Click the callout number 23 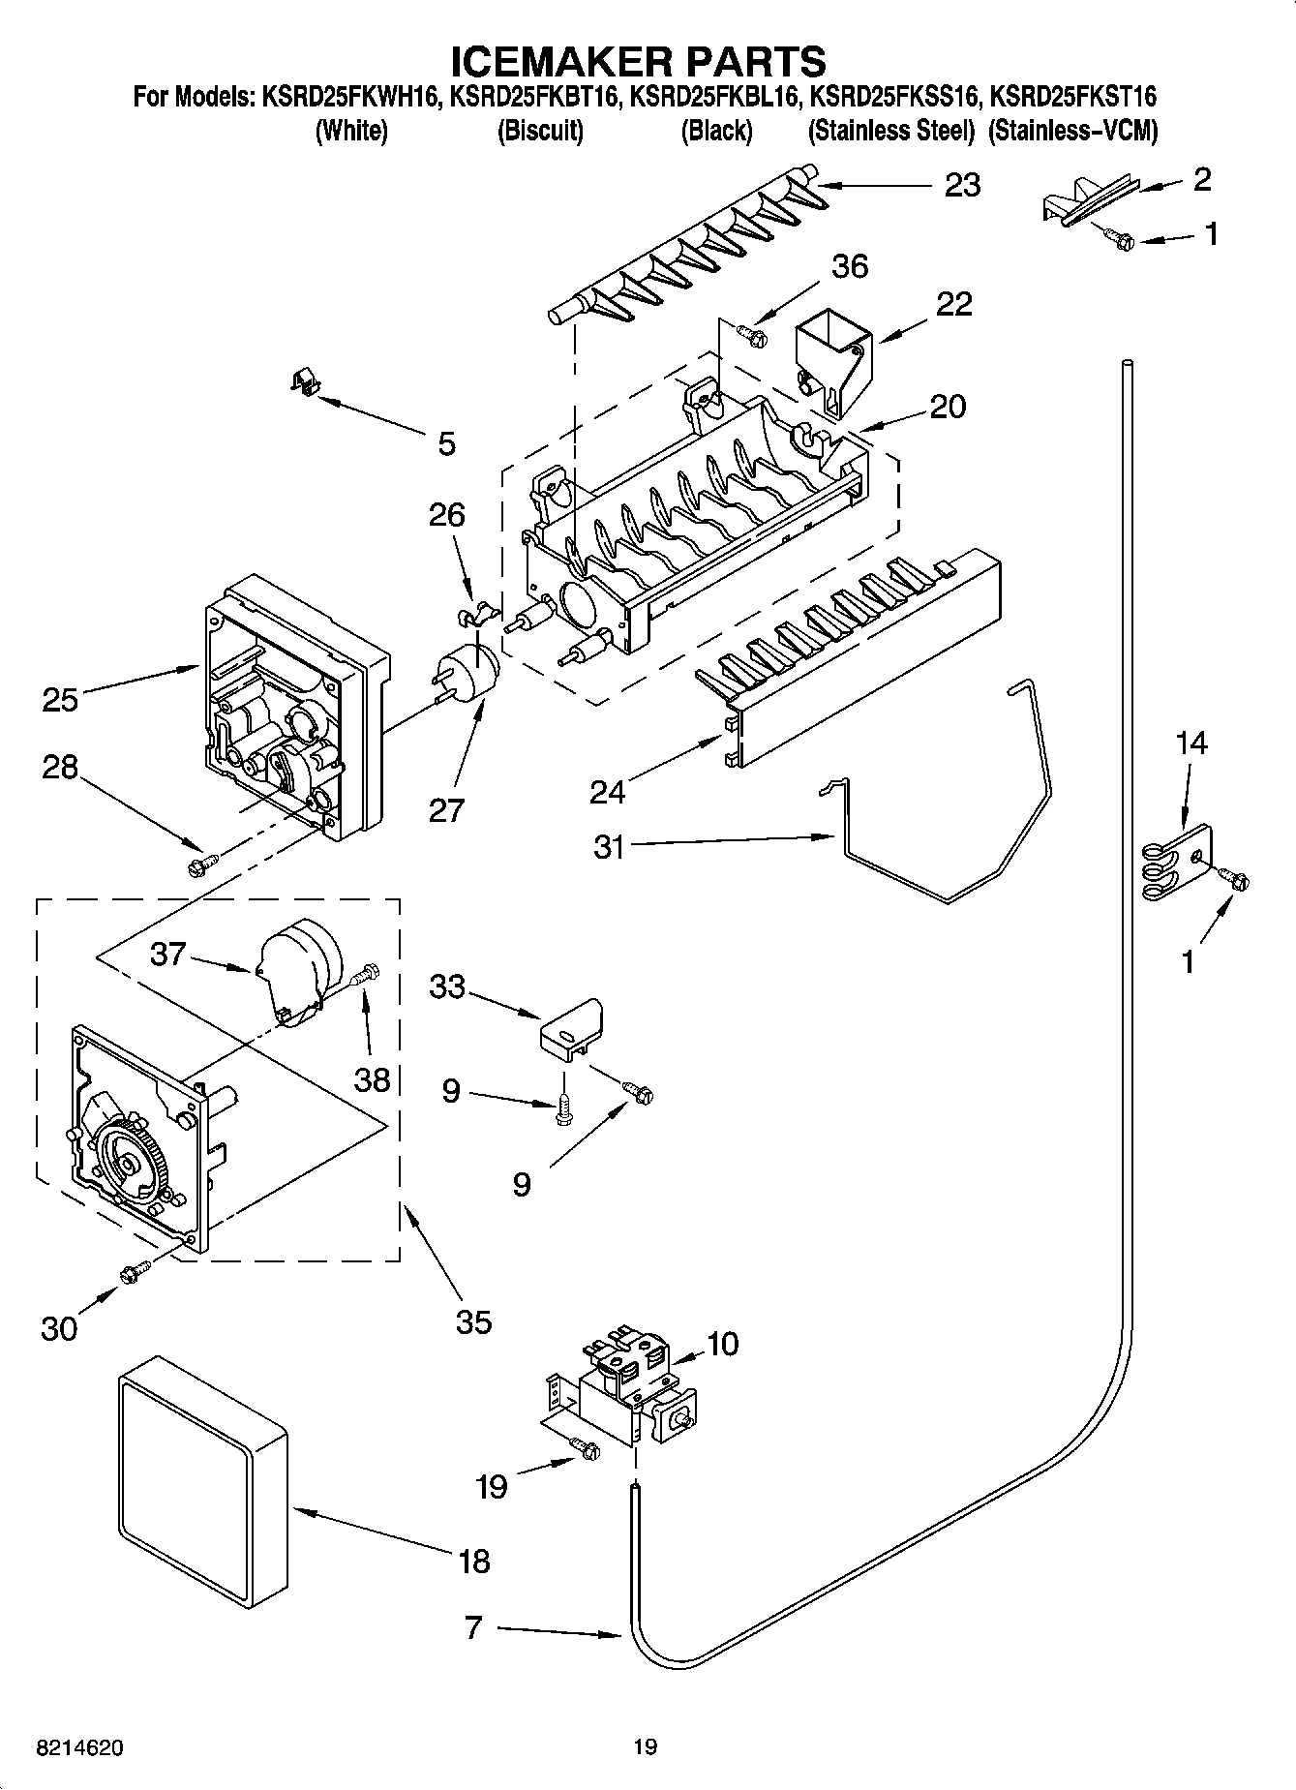[x=961, y=185]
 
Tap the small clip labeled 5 [x=305, y=383]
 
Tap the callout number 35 [x=473, y=1322]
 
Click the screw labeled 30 [x=133, y=1272]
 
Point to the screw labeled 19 [x=585, y=1448]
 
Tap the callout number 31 [x=610, y=847]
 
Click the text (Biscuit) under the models [x=540, y=131]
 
